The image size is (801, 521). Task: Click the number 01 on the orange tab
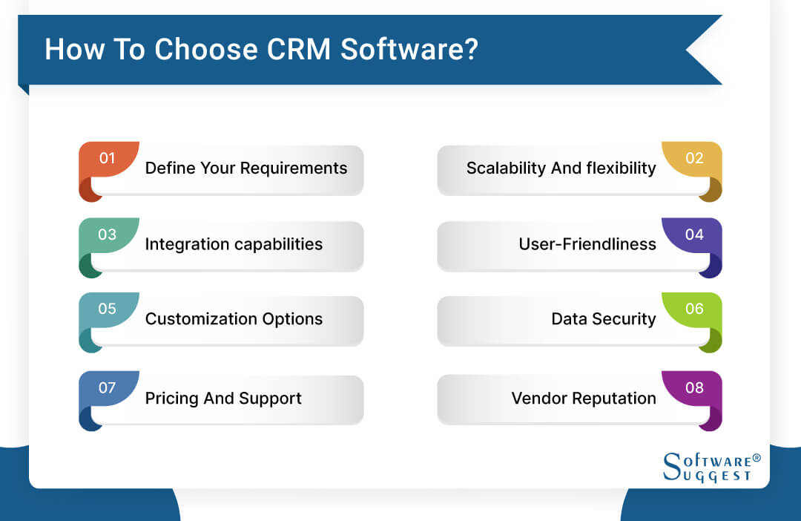pyautogui.click(x=108, y=157)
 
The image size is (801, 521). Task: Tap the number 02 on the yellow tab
pyautogui.click(x=694, y=157)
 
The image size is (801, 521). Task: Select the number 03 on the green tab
pyautogui.click(x=108, y=234)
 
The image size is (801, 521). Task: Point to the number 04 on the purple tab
pyautogui.click(x=694, y=234)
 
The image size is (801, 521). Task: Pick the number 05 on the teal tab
pyautogui.click(x=108, y=309)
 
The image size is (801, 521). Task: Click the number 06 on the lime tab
pyautogui.click(x=694, y=309)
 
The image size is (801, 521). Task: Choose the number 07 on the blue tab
pyautogui.click(x=108, y=387)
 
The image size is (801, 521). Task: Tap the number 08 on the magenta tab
pyautogui.click(x=694, y=387)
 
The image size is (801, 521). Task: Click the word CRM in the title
pyautogui.click(x=294, y=49)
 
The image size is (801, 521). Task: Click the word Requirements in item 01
pyautogui.click(x=295, y=168)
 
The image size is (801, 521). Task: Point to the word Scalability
pyautogui.click(x=505, y=168)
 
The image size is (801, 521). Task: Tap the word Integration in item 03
pyautogui.click(x=186, y=243)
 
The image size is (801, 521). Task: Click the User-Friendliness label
pyautogui.click(x=587, y=243)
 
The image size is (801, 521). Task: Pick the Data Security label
pyautogui.click(x=603, y=319)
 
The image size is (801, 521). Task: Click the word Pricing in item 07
pyautogui.click(x=171, y=399)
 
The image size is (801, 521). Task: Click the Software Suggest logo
pyautogui.click(x=711, y=467)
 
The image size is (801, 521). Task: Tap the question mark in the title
pyautogui.click(x=470, y=49)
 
